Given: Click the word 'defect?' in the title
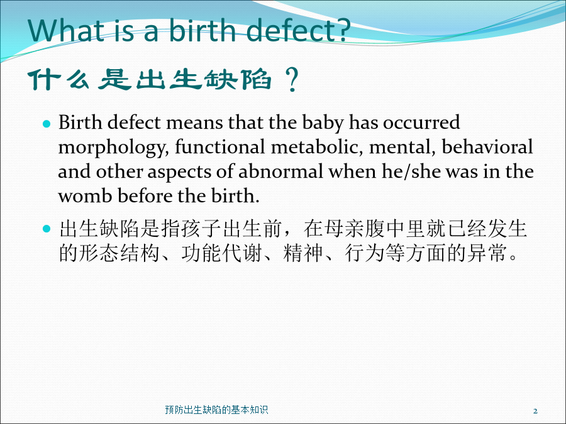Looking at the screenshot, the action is pyautogui.click(x=299, y=30).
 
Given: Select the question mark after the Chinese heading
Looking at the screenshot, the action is pyautogui.click(x=292, y=79).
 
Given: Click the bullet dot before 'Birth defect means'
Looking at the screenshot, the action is pyautogui.click(x=47, y=124).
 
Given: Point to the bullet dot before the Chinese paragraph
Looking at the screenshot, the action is pyautogui.click(x=47, y=228).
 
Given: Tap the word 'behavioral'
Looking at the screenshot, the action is pyautogui.click(x=487, y=146).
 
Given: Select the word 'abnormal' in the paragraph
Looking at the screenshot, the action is pyautogui.click(x=280, y=171).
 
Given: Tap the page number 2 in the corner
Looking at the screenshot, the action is pyautogui.click(x=535, y=411).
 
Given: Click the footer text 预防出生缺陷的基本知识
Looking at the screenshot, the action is pyautogui.click(x=216, y=410).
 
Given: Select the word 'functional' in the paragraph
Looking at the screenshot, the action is pyautogui.click(x=220, y=147).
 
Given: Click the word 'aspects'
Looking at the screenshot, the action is pyautogui.click(x=179, y=172).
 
